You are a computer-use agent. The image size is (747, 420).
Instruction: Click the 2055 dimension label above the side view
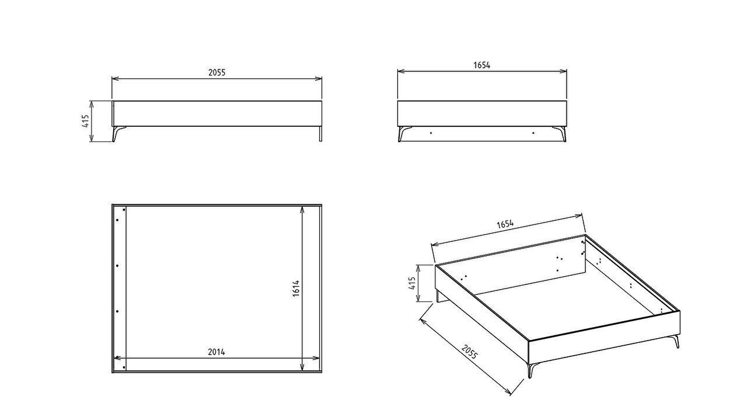[x=217, y=73]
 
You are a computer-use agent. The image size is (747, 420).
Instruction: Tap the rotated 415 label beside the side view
[x=86, y=121]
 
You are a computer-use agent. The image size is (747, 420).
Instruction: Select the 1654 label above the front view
[x=481, y=65]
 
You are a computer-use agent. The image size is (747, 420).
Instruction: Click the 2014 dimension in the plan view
[x=217, y=352]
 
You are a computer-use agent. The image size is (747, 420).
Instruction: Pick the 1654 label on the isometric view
[x=505, y=224]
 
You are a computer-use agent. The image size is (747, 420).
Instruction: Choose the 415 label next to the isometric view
[x=413, y=283]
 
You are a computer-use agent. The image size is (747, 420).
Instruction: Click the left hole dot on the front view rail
[x=431, y=133]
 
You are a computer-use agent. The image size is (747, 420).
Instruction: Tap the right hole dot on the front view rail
[x=533, y=133]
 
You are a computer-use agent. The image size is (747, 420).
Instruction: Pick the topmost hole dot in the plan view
[x=124, y=210]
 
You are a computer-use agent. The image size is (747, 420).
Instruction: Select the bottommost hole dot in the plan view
[x=124, y=367]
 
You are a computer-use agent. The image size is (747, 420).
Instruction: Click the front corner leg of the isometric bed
[x=532, y=370]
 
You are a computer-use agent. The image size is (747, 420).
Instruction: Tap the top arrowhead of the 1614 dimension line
[x=302, y=209]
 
